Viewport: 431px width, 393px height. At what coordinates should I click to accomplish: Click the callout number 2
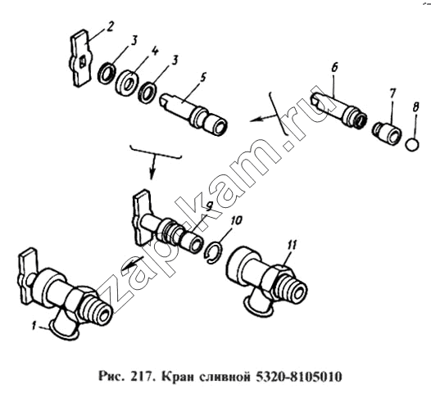coord(110,27)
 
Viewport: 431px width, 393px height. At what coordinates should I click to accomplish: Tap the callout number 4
coord(155,52)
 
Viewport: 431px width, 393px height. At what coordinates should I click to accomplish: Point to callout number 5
coord(203,78)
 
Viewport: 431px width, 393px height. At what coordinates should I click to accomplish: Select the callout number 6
coord(334,68)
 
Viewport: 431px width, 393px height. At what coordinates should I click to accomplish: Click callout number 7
coord(392,93)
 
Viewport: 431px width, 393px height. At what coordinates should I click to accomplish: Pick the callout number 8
coord(415,106)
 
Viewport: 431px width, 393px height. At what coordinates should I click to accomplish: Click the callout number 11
coord(292,246)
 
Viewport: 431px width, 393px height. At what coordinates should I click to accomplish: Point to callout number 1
coord(34,327)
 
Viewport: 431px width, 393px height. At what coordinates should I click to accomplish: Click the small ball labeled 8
coord(413,144)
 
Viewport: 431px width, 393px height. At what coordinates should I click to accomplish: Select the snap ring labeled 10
coord(214,252)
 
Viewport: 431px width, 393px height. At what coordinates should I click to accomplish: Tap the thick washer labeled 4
coord(126,83)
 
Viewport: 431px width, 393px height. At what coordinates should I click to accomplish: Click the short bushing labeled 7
coord(387,132)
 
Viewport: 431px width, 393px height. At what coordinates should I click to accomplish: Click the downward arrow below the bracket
coord(153,167)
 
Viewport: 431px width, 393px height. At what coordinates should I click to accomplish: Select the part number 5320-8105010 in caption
coord(299,377)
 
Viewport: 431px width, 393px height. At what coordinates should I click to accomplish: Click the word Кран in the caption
coord(179,377)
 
